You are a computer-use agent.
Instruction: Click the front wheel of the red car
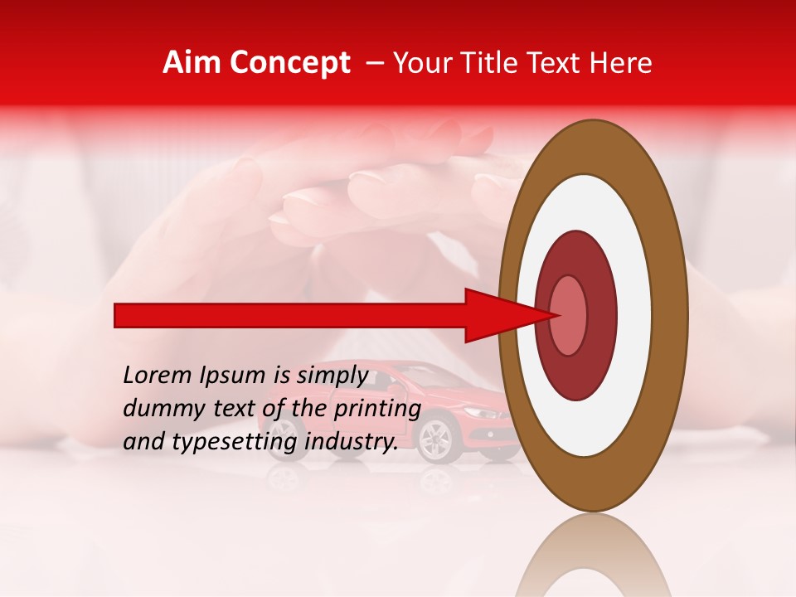click(435, 439)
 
